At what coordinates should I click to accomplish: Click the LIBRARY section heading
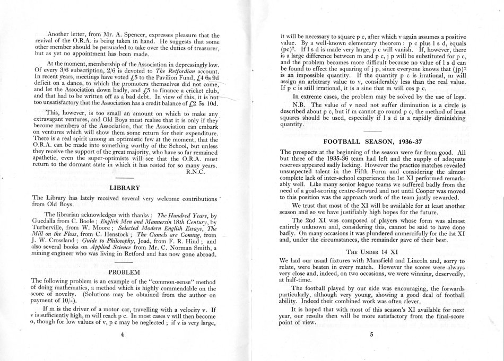[x=124, y=187]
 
